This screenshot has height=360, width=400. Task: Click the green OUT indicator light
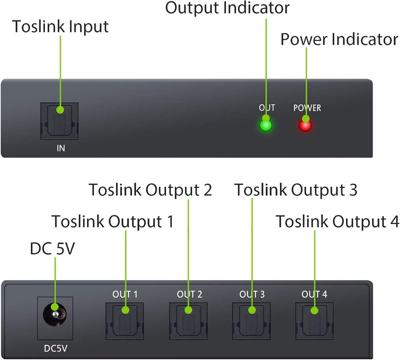265,124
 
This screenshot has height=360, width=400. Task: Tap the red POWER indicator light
304,124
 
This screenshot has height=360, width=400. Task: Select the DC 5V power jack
55,314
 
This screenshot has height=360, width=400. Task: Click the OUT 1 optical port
124,319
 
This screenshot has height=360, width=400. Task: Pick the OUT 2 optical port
188,319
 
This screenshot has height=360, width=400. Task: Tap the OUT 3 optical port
251,319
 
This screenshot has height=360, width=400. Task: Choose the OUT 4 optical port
314,319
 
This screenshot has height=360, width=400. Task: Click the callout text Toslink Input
60,26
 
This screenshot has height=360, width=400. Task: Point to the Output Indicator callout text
227,7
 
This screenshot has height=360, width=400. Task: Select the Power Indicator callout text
339,39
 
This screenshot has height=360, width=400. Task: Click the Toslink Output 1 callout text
112,221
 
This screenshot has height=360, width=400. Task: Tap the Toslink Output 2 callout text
150,190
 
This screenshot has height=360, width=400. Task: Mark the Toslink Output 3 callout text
296,190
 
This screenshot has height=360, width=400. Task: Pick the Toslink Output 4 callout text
337,221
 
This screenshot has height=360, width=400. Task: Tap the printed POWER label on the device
307,107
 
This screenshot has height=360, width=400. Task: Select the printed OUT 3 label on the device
251,294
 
